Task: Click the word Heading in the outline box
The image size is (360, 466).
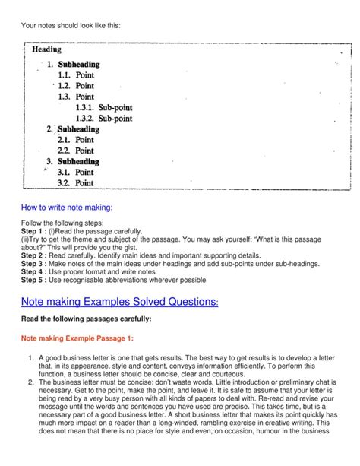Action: point(46,50)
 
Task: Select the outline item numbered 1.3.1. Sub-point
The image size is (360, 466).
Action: point(103,108)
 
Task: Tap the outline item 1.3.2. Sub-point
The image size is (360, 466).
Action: point(103,119)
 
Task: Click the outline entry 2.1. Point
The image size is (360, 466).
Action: point(75,140)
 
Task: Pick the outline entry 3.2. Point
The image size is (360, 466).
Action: point(75,183)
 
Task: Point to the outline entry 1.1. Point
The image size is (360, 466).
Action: point(75,75)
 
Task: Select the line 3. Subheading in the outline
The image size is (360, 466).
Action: point(73,162)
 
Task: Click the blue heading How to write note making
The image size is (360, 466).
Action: point(68,208)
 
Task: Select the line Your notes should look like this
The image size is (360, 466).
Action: point(71,26)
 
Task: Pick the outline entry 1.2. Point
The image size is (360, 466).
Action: point(75,86)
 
